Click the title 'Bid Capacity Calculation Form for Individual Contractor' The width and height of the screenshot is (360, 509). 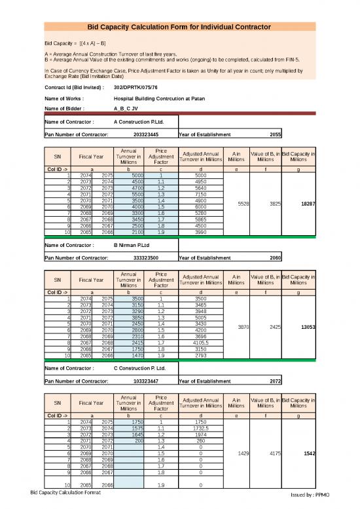click(179, 27)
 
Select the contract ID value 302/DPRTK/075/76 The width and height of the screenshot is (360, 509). click(135, 87)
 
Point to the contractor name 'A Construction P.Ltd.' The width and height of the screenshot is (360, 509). click(140, 122)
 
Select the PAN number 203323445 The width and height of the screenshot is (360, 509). click(145, 135)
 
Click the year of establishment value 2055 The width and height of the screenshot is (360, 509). click(275, 135)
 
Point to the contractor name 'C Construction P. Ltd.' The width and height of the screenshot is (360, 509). click(141, 368)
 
